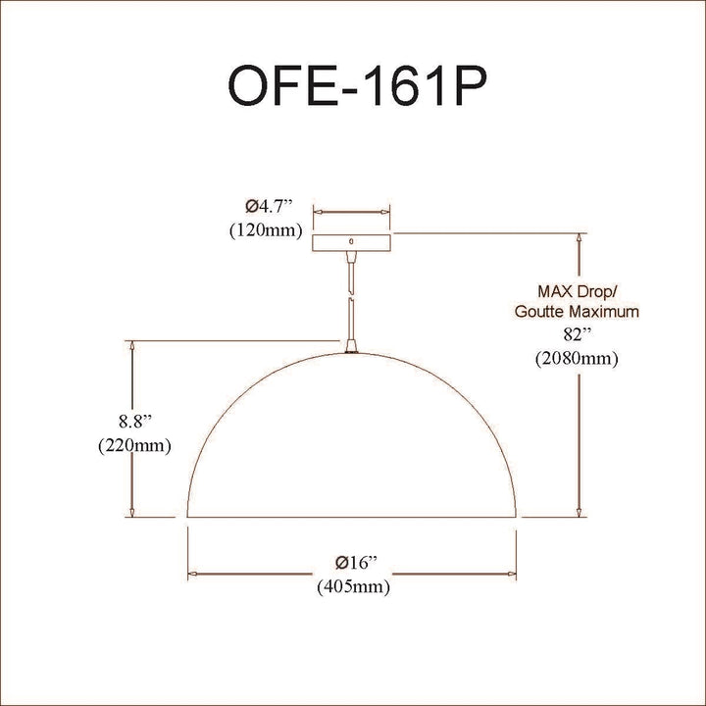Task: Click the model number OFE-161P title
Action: click(358, 85)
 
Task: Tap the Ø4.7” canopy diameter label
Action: click(269, 206)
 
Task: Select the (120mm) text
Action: click(266, 230)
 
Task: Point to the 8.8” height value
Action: click(134, 422)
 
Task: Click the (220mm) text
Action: click(134, 446)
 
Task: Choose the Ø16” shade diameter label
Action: click(356, 563)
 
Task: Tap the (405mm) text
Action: click(353, 586)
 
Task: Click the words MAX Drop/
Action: click(578, 291)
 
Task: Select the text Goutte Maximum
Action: click(577, 312)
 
